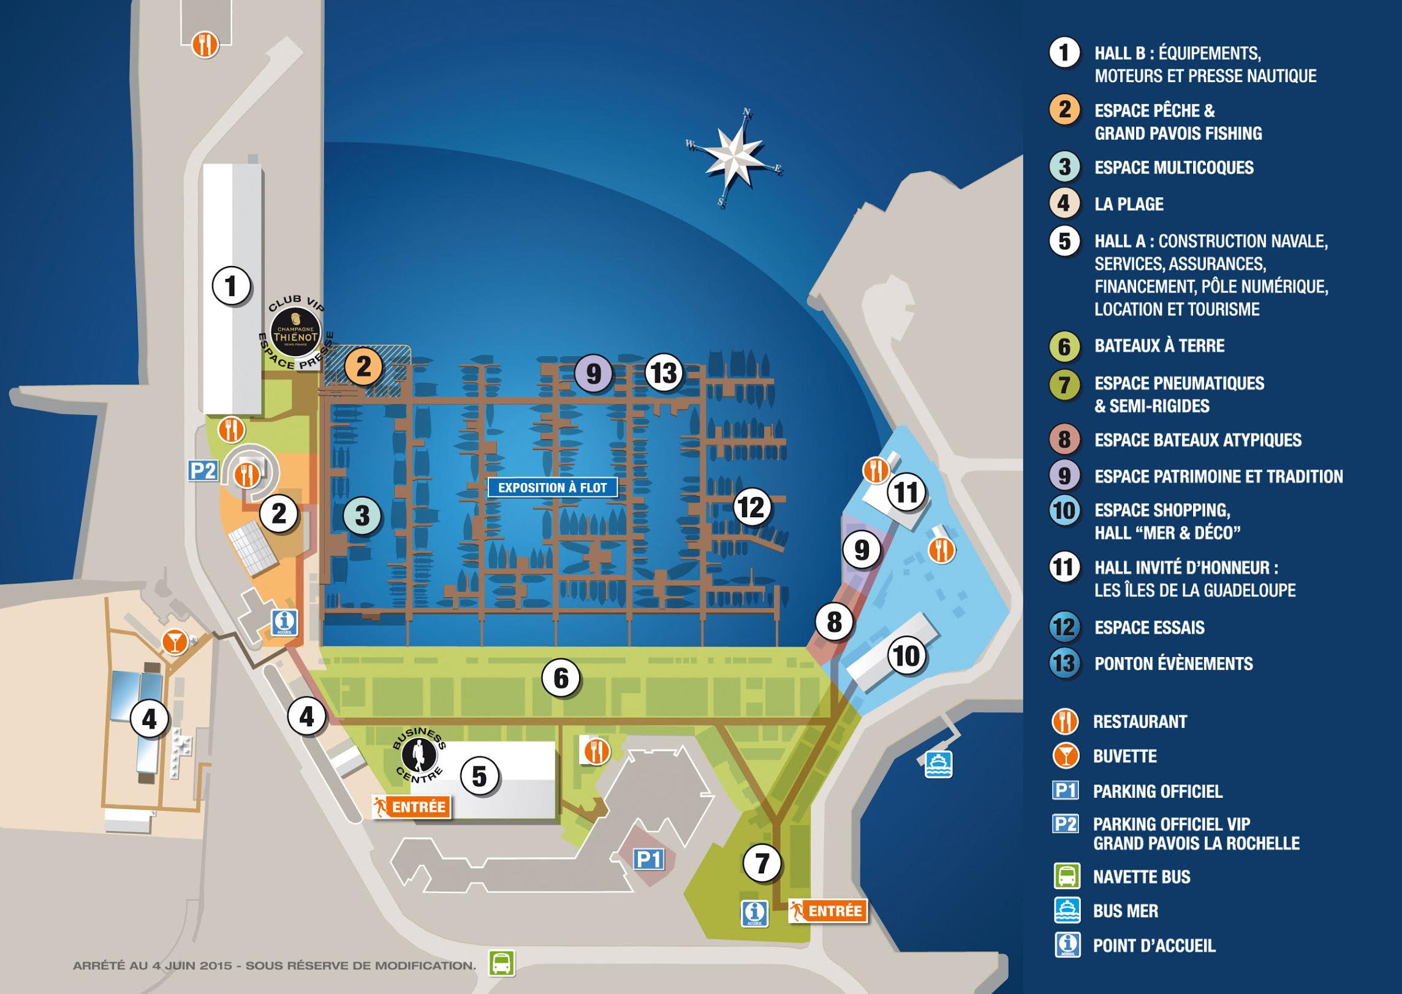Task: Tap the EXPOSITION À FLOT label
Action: pyautogui.click(x=552, y=488)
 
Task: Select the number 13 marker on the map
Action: pyautogui.click(x=664, y=373)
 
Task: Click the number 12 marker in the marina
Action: pyautogui.click(x=751, y=507)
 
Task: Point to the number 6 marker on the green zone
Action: pyautogui.click(x=561, y=678)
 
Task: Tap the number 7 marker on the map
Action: pyautogui.click(x=762, y=863)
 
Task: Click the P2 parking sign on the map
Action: pyautogui.click(x=203, y=471)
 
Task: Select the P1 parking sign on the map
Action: pyautogui.click(x=648, y=859)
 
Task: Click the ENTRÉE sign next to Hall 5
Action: pyautogui.click(x=411, y=806)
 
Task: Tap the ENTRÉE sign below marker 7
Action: pyautogui.click(x=828, y=911)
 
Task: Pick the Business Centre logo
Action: pyautogui.click(x=419, y=755)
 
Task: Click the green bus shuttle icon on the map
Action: pyautogui.click(x=501, y=963)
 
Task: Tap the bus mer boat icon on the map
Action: pyautogui.click(x=938, y=764)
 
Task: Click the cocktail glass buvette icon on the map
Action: pyautogui.click(x=175, y=642)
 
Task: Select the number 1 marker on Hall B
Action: pyautogui.click(x=231, y=286)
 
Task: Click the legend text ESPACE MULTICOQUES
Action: pyautogui.click(x=1173, y=167)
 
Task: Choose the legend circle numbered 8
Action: pyautogui.click(x=1064, y=439)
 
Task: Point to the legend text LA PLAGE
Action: pyautogui.click(x=1129, y=204)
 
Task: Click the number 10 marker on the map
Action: pyautogui.click(x=906, y=656)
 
